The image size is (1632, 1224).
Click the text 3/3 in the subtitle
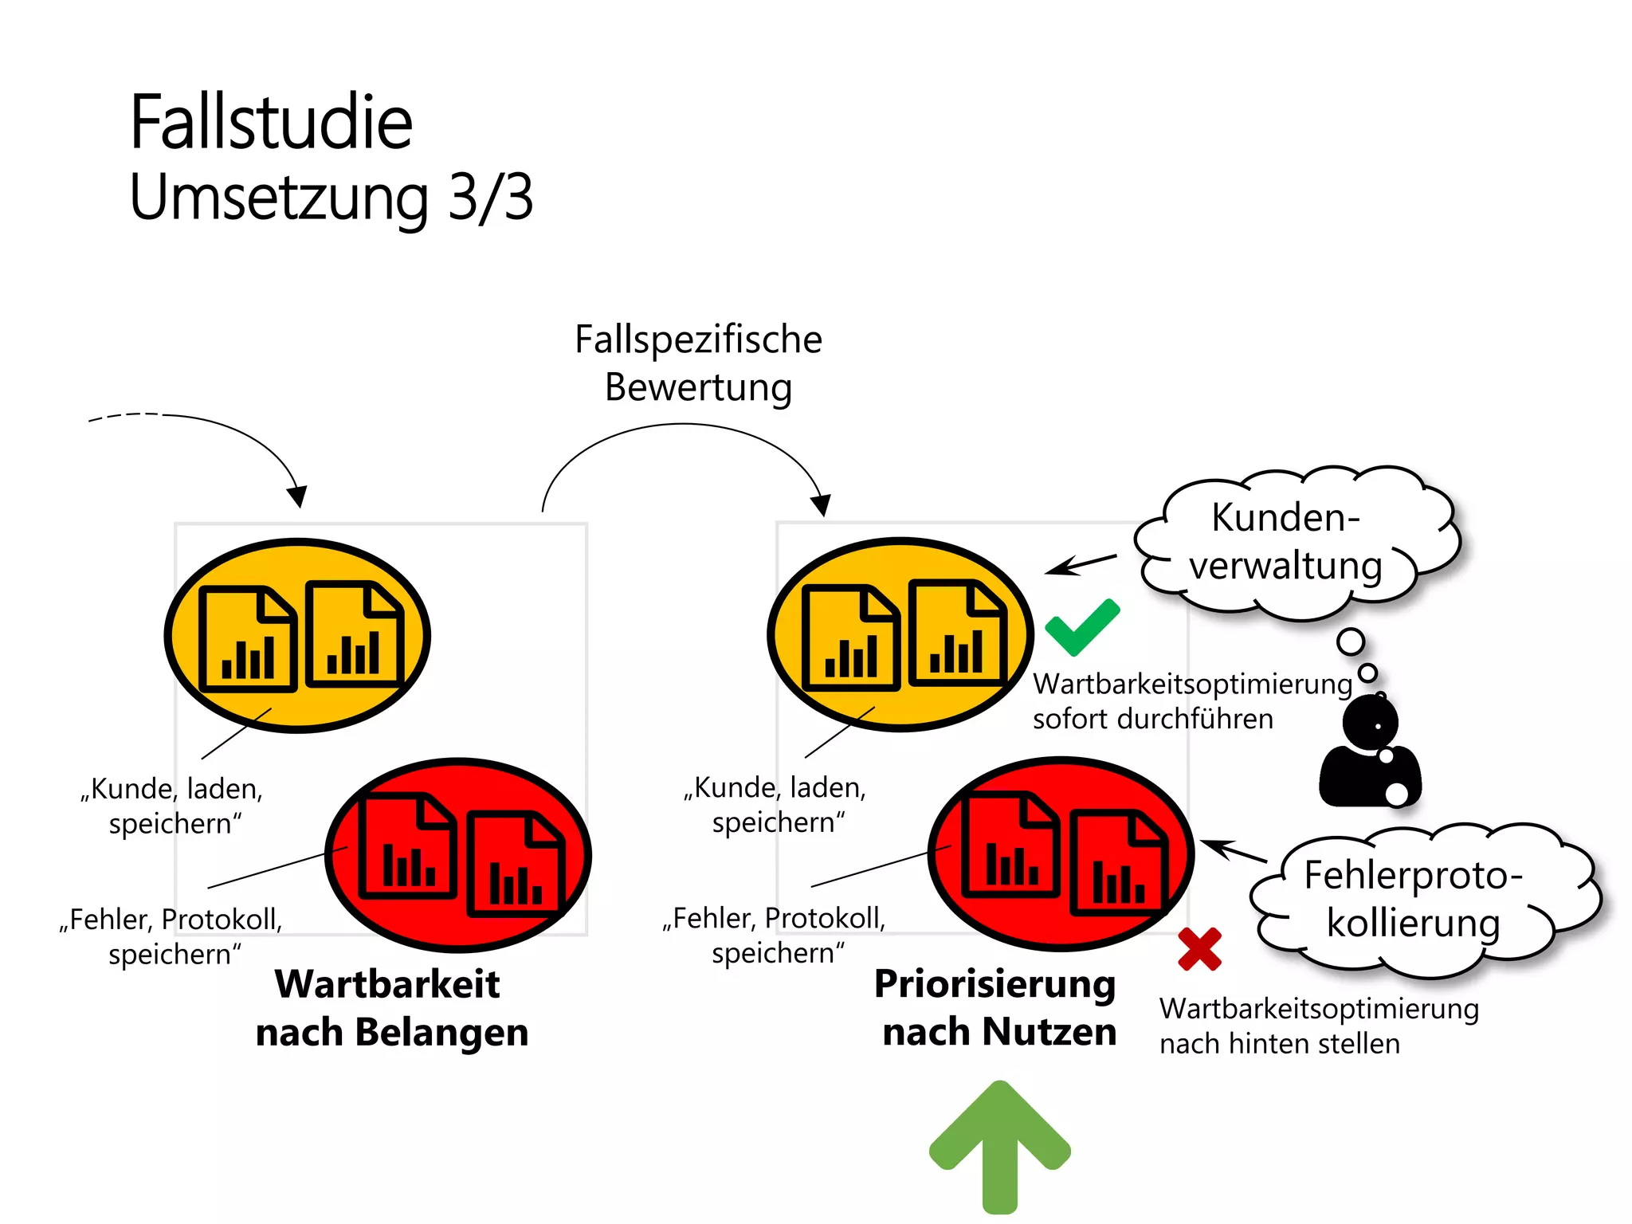pyautogui.click(x=490, y=197)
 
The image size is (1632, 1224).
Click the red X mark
pyautogui.click(x=1199, y=949)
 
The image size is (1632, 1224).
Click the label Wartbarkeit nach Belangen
pyautogui.click(x=390, y=1008)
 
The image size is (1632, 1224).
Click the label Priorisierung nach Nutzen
pyautogui.click(x=996, y=1008)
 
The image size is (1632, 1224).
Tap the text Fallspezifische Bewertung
pyautogui.click(x=698, y=363)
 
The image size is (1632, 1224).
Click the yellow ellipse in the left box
pyautogui.click(x=297, y=635)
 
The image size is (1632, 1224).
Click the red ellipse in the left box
pyautogui.click(x=458, y=855)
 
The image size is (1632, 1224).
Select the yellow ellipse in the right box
pyautogui.click(x=900, y=634)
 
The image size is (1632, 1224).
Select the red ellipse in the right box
pyautogui.click(x=1061, y=854)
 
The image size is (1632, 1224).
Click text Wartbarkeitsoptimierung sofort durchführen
pyautogui.click(x=1191, y=701)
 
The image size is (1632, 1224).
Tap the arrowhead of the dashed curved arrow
pyautogui.click(x=298, y=497)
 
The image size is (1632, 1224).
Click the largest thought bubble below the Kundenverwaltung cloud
pyautogui.click(x=1351, y=641)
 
